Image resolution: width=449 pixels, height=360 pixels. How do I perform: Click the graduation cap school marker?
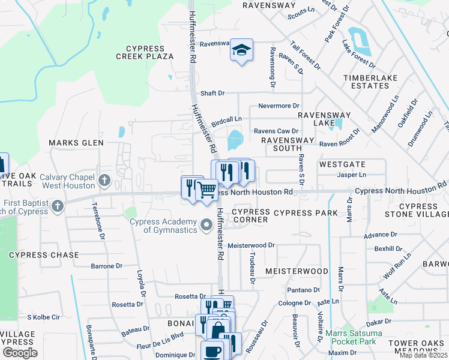pyautogui.click(x=241, y=50)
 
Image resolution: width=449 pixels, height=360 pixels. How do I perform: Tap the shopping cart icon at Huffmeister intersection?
pyautogui.click(x=206, y=190)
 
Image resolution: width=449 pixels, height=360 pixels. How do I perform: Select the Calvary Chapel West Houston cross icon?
pyautogui.click(x=104, y=180)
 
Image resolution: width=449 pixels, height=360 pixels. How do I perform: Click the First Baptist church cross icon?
pyautogui.click(x=58, y=207)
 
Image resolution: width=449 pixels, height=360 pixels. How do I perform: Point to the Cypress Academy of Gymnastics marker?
pyautogui.click(x=206, y=226)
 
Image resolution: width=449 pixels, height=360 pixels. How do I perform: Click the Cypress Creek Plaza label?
pyautogui.click(x=149, y=52)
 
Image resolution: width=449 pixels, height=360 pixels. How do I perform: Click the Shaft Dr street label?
pyautogui.click(x=212, y=93)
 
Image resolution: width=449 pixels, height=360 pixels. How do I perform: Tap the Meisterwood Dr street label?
pyautogui.click(x=251, y=245)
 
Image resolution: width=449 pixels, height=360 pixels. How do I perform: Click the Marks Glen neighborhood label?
pyautogui.click(x=76, y=143)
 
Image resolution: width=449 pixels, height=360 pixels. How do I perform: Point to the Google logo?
pyautogui.click(x=20, y=353)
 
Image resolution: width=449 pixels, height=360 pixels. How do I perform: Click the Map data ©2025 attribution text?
pyautogui.click(x=424, y=355)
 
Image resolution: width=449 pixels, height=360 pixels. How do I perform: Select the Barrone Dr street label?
pyautogui.click(x=106, y=266)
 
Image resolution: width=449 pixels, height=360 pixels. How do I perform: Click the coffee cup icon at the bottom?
pyautogui.click(x=214, y=350)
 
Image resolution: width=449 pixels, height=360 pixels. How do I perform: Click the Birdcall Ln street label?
pyautogui.click(x=226, y=120)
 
